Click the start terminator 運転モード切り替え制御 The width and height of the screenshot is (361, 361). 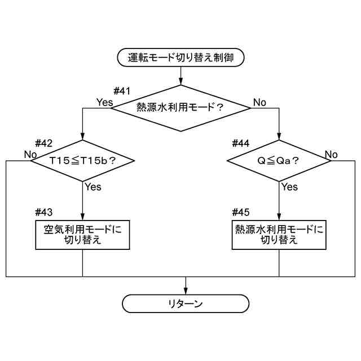tap(180, 56)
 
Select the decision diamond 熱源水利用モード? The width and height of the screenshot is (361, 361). tap(180, 108)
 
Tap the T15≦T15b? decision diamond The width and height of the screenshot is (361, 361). tap(83, 161)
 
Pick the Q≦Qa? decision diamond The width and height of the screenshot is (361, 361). tap(279, 161)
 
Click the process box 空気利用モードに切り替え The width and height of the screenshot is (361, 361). tap(83, 235)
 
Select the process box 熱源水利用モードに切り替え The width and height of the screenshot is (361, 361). tap(279, 235)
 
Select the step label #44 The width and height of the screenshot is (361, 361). tap(241, 143)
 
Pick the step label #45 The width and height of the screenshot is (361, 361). tap(241, 212)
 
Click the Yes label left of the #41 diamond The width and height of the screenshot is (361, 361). tap(104, 102)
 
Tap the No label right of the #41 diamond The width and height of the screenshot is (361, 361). tap(259, 102)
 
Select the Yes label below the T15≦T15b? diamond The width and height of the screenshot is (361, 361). tap(93, 187)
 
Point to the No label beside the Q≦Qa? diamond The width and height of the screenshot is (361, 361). tap(331, 154)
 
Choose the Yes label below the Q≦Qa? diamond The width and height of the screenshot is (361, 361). tap(289, 187)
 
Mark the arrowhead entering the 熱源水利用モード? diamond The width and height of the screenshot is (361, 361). tap(180, 82)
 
